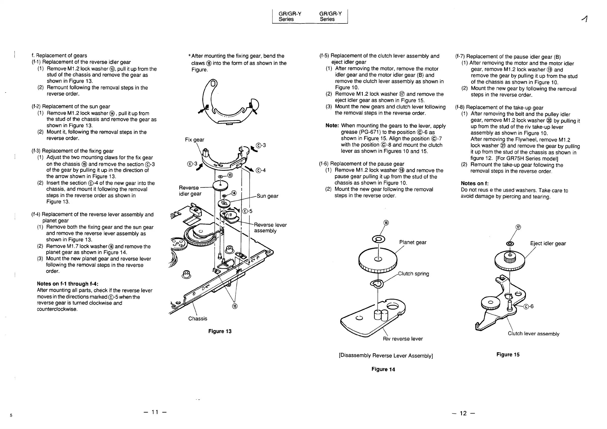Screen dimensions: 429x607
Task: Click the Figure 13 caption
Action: pyautogui.click(x=220, y=331)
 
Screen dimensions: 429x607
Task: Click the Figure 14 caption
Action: pyautogui.click(x=383, y=369)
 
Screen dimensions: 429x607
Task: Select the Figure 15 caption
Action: pyautogui.click(x=508, y=355)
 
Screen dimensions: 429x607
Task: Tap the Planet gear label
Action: pyautogui.click(x=413, y=242)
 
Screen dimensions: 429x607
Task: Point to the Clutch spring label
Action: pyautogui.click(x=414, y=274)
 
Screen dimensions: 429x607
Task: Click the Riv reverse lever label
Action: pyautogui.click(x=403, y=339)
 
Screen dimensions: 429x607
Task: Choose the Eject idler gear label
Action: pyautogui.click(x=548, y=243)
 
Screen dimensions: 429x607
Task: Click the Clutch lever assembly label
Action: pyautogui.click(x=533, y=334)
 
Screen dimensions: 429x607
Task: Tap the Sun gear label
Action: pyautogui.click(x=267, y=196)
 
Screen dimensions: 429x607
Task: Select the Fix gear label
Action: pyautogui.click(x=195, y=140)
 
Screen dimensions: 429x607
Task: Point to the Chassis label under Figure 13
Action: pyautogui.click(x=198, y=319)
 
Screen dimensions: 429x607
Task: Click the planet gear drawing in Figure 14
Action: pyautogui.click(x=378, y=260)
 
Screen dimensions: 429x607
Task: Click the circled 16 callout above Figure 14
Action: pyautogui.click(x=386, y=223)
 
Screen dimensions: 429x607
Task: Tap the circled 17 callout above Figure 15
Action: pyautogui.click(x=518, y=227)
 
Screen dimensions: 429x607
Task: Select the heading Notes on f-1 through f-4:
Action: pyautogui.click(x=67, y=284)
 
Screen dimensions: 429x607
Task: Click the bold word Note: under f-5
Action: pyautogui.click(x=332, y=126)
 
